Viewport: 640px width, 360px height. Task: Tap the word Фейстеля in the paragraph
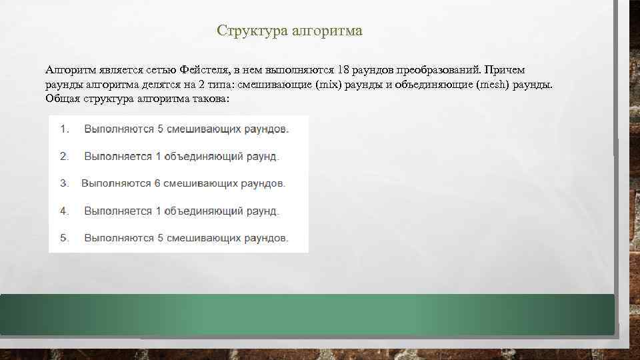pos(203,71)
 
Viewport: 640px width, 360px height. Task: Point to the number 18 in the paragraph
pos(345,71)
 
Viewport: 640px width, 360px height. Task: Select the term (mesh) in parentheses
pos(491,85)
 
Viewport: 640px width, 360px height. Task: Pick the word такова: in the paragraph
pos(209,99)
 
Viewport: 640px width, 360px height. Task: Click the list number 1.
pos(64,129)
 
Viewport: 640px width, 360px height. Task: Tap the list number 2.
pos(64,157)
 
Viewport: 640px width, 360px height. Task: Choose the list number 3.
pos(64,183)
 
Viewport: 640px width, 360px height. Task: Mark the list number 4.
pos(64,211)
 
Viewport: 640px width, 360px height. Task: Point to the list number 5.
pos(64,238)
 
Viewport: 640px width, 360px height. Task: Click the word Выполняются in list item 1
pos(116,129)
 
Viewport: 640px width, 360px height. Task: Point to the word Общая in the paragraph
pos(63,99)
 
